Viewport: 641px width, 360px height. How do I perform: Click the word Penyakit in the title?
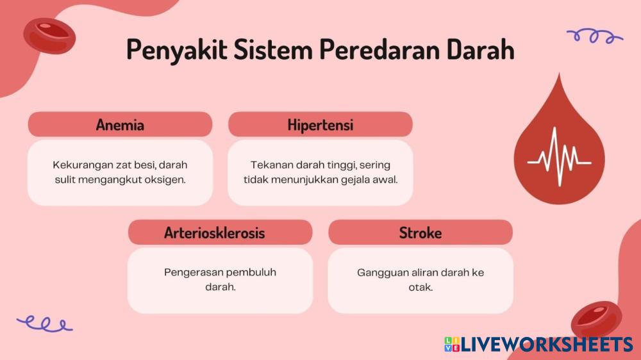click(x=177, y=50)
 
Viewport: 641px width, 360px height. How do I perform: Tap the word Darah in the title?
click(x=480, y=49)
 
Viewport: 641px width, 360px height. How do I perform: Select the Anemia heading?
click(x=120, y=125)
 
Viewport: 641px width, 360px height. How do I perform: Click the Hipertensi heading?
click(x=320, y=125)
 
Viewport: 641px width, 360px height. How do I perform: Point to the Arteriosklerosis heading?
click(x=214, y=233)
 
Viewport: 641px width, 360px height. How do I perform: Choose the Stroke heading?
click(x=420, y=233)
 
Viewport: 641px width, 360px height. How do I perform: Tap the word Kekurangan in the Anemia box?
click(x=78, y=165)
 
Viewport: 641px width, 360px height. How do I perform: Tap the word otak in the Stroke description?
click(x=420, y=287)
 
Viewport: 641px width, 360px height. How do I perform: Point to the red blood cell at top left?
click(x=49, y=36)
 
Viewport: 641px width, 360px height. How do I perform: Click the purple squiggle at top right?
click(x=595, y=36)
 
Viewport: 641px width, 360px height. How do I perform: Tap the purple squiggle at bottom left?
click(x=45, y=323)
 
